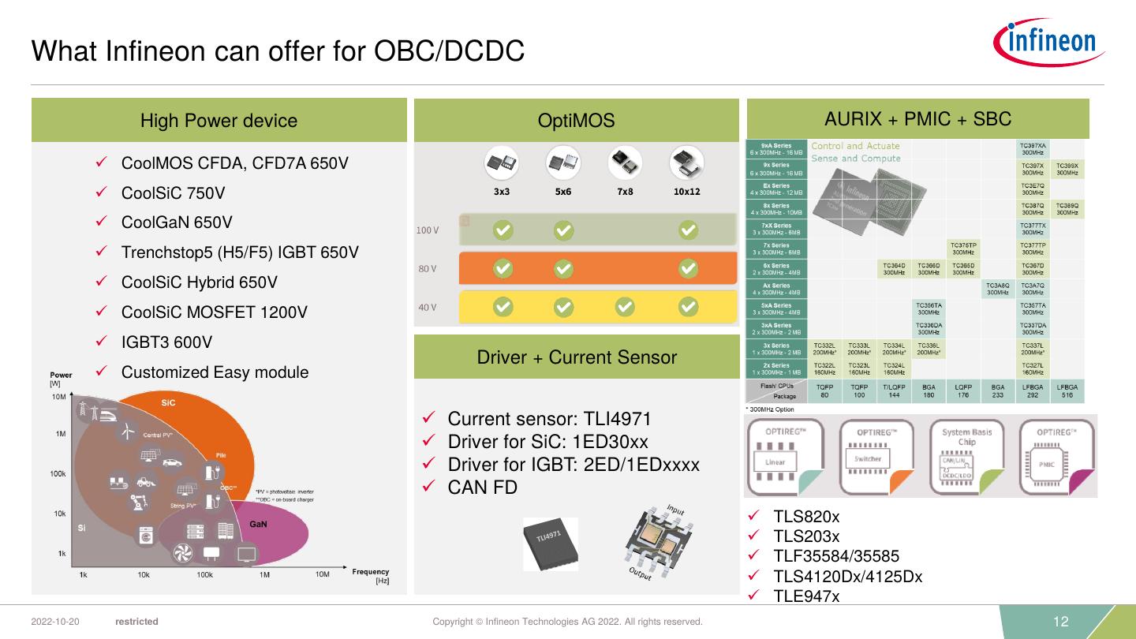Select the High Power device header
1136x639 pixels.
click(219, 121)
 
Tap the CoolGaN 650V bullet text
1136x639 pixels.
click(177, 222)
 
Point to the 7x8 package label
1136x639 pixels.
click(625, 192)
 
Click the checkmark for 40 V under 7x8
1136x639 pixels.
click(625, 306)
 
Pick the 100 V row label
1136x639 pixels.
click(427, 230)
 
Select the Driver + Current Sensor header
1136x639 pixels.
click(577, 357)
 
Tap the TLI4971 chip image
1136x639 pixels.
click(551, 544)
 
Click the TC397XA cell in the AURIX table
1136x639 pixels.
click(1033, 149)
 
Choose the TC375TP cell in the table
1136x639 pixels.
click(962, 248)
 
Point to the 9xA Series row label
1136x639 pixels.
click(775, 149)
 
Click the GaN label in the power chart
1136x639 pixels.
click(258, 525)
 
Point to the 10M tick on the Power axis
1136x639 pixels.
click(58, 397)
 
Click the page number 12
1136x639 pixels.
click(1061, 622)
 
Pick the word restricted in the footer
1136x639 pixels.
click(136, 622)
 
